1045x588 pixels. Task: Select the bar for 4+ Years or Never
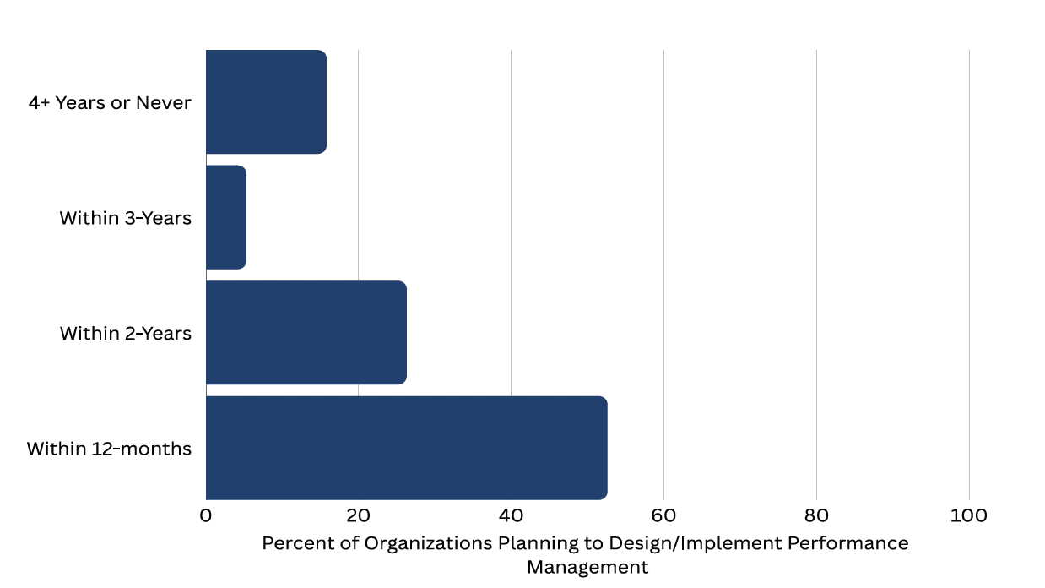click(266, 102)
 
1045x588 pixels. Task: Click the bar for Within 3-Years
click(226, 218)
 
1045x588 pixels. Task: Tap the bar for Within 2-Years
click(306, 333)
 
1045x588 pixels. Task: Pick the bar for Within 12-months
click(406, 448)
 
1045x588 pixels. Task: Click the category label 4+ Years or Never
click(110, 103)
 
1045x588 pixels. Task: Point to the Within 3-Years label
click(125, 218)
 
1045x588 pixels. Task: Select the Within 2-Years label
click(125, 334)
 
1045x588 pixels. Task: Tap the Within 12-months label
click(109, 449)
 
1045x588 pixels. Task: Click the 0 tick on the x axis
click(206, 516)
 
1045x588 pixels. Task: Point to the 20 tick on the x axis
click(358, 516)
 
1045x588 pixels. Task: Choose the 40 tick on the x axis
click(511, 516)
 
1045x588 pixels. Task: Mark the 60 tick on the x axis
click(663, 516)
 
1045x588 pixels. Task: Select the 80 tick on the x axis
click(816, 516)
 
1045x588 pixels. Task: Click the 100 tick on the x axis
click(969, 516)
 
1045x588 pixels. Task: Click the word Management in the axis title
click(587, 567)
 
